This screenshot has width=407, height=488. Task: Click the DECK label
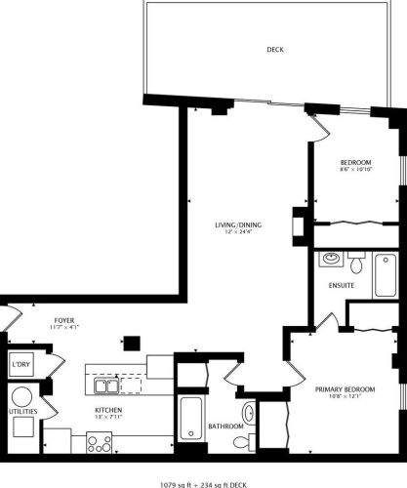click(274, 50)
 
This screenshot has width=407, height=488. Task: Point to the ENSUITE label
click(341, 285)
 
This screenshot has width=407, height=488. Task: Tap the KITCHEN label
click(107, 410)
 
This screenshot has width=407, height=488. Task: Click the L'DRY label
click(20, 366)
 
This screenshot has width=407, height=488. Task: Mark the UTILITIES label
click(22, 412)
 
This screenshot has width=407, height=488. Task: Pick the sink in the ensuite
click(330, 261)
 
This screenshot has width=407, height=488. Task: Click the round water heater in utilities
click(20, 399)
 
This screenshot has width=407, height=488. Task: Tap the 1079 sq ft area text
click(181, 481)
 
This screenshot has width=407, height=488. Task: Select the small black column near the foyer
click(129, 343)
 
